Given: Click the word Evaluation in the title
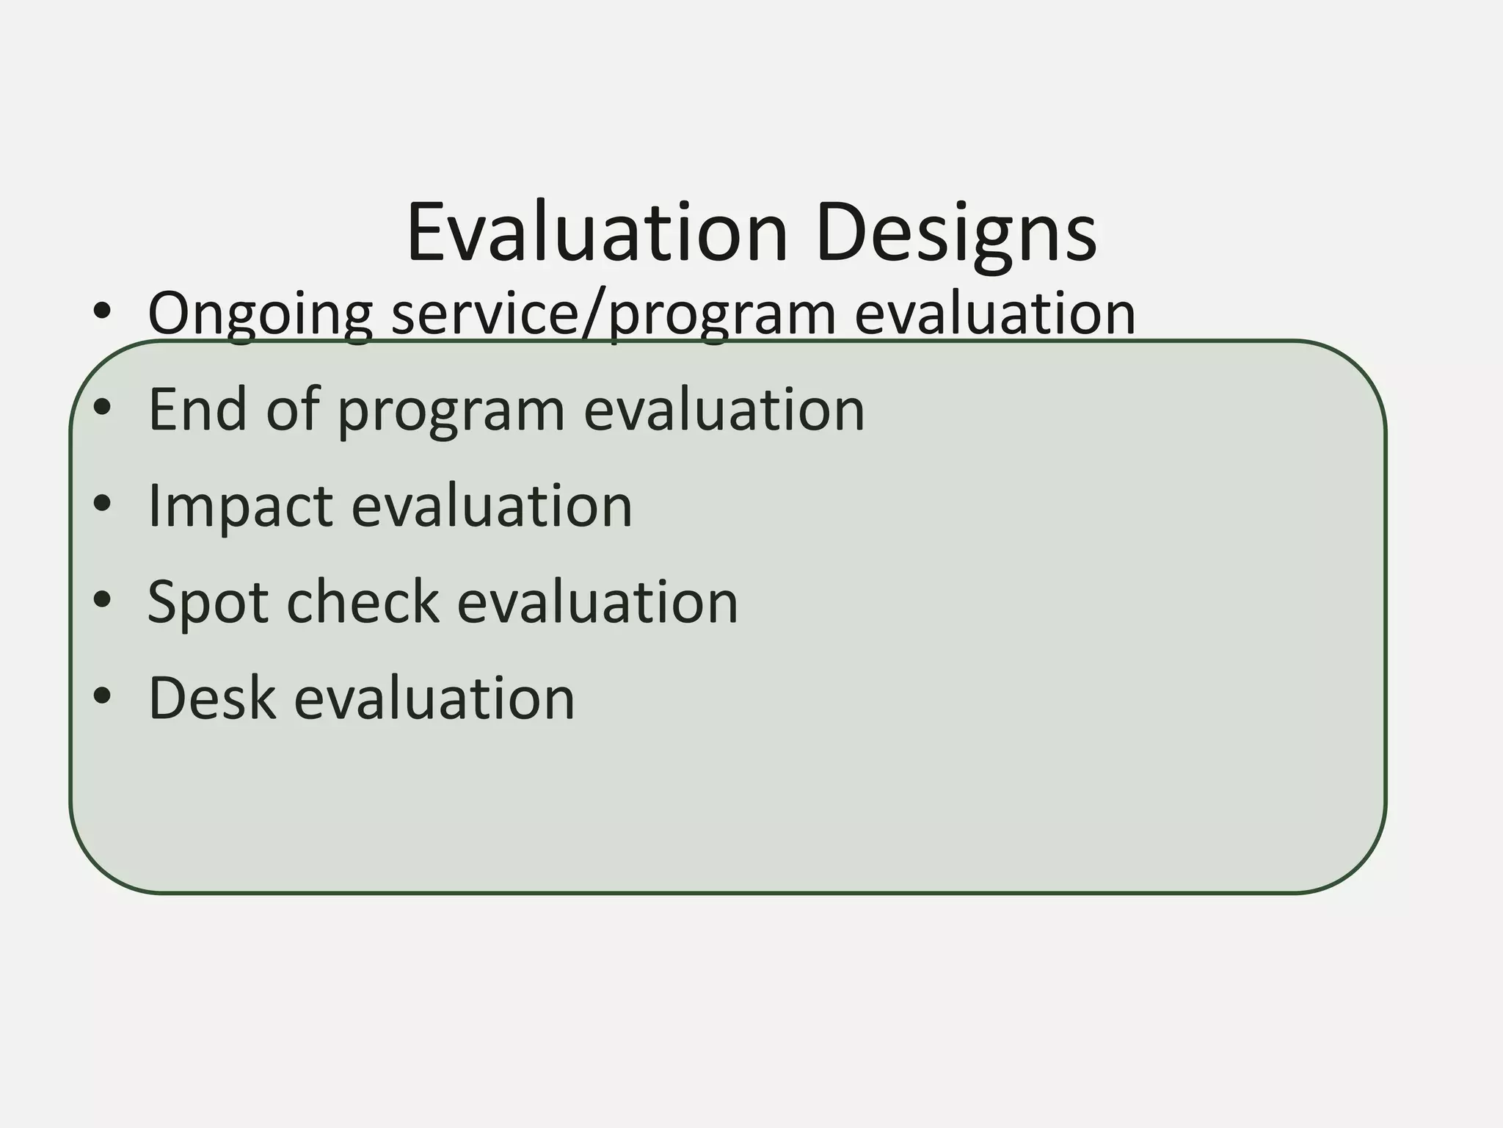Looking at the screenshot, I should [x=597, y=233].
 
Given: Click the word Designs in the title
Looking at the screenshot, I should [x=956, y=233].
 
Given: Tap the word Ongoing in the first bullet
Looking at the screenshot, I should [x=260, y=314].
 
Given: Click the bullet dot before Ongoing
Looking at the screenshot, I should [x=102, y=312].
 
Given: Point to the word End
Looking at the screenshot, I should [x=197, y=409].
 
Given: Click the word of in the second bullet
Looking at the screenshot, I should [x=293, y=409].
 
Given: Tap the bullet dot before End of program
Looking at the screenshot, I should [x=102, y=408].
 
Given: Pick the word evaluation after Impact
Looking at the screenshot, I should [x=492, y=506].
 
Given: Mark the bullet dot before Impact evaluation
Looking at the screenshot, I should [x=102, y=504].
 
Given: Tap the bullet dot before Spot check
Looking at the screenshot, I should [x=102, y=600].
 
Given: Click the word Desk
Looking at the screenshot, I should [x=212, y=698].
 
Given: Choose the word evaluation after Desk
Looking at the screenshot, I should [x=434, y=698].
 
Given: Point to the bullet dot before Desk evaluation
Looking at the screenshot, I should [x=102, y=696].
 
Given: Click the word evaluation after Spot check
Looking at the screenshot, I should [x=597, y=602].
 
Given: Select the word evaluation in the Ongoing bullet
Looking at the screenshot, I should [x=995, y=314].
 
